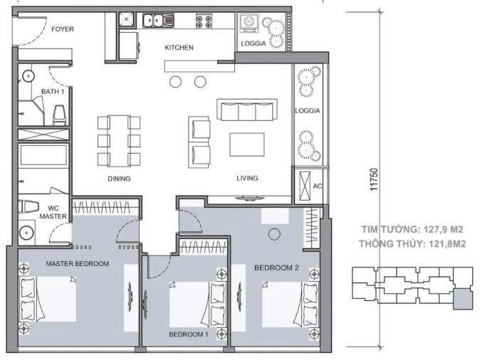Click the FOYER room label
pos(63,29)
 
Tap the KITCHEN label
pos(179,48)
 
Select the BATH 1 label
pos(53,92)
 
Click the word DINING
pos(119,179)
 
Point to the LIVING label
pos(247,178)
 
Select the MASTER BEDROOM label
pos(77,264)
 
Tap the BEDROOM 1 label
pos(188,334)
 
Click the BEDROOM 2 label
pos(276,268)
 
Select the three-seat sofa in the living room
pos(248,111)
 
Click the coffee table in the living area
pos(246,144)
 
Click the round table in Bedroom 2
pos(273,235)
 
